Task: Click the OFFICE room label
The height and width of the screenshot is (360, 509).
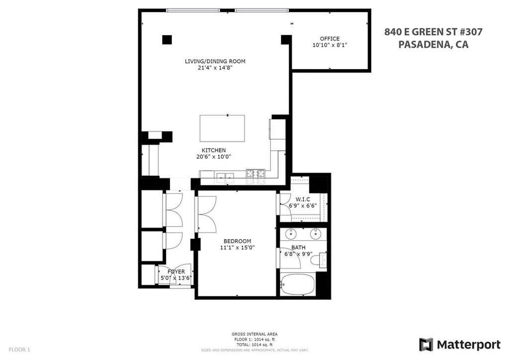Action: click(330, 39)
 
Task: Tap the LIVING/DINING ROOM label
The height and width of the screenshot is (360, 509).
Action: click(215, 61)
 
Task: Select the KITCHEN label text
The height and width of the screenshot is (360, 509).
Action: click(214, 150)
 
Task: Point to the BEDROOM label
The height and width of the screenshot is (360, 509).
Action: click(237, 241)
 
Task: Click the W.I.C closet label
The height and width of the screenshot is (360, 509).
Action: click(303, 199)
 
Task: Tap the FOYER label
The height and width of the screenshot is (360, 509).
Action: click(176, 271)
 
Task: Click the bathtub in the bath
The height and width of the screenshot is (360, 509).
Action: click(298, 284)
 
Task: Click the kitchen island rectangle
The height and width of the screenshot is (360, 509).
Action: click(222, 128)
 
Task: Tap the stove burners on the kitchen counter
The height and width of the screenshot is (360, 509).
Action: click(256, 174)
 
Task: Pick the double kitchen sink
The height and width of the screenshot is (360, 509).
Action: click(225, 176)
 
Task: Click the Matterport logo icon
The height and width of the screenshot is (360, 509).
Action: click(426, 345)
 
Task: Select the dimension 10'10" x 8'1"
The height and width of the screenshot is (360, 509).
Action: click(330, 45)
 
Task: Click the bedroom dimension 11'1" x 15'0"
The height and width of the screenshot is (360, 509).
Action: click(237, 248)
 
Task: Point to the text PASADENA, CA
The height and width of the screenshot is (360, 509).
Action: click(433, 44)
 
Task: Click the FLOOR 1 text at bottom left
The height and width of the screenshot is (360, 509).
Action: click(19, 350)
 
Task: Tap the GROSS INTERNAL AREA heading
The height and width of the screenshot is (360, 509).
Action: click(254, 334)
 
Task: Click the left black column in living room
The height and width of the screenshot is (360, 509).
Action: click(167, 39)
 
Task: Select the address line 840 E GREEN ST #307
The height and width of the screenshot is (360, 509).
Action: click(433, 32)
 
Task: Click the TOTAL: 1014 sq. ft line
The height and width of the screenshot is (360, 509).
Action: click(254, 345)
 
